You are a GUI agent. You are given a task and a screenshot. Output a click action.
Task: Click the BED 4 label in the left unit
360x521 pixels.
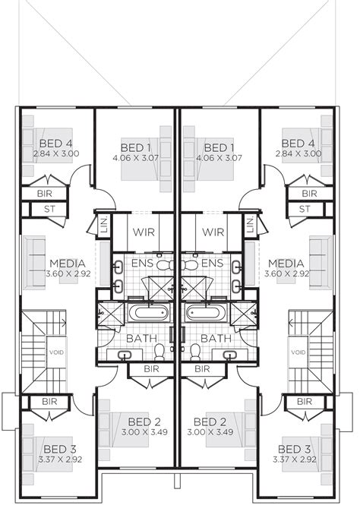pos(55,142)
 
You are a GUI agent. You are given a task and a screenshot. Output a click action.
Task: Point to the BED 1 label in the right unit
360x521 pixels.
pos(220,147)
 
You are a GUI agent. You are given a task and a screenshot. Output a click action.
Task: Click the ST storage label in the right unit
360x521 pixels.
pos(305,209)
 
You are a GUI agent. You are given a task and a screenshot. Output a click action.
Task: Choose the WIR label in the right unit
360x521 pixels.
pos(213,232)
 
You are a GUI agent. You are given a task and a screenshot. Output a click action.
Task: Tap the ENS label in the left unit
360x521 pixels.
pos(143,264)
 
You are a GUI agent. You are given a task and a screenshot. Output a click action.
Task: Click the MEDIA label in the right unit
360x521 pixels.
pos(285,264)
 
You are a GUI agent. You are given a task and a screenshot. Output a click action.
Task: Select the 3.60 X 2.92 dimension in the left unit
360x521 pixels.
pos(67,273)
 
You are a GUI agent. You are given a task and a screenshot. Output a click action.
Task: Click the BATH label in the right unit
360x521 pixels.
pos(216,338)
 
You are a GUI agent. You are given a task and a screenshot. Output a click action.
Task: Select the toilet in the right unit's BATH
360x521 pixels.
pos(194,352)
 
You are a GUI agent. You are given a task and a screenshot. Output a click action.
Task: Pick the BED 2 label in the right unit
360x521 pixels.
pos(210,422)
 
